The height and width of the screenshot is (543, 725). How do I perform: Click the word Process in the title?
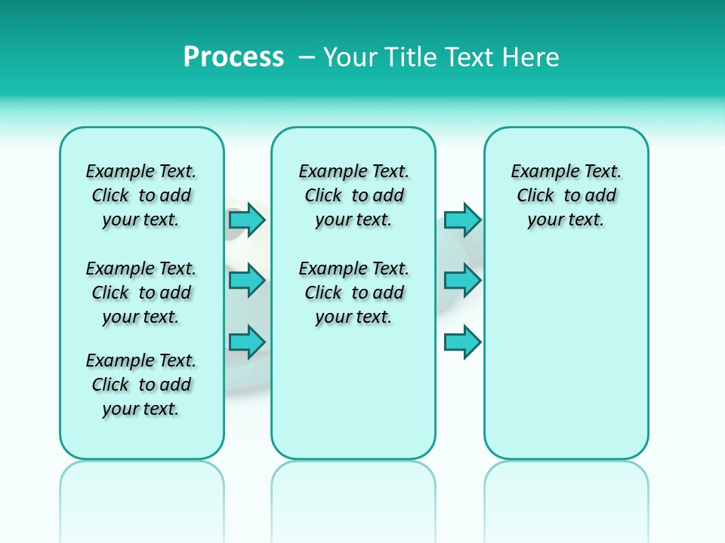233,57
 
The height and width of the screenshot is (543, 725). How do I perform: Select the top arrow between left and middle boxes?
247,219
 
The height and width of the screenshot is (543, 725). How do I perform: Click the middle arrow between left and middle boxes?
247,281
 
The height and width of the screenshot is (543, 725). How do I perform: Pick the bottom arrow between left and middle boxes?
247,342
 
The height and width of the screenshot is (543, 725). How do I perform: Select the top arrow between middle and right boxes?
462,219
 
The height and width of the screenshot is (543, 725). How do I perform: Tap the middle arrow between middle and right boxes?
462,281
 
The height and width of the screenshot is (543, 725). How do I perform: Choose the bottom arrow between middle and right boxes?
462,342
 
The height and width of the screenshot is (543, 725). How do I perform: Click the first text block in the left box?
141,195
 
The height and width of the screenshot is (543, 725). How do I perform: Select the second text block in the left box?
141,293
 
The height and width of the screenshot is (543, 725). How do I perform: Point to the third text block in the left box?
141,385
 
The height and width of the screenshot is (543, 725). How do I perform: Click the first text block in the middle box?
353,195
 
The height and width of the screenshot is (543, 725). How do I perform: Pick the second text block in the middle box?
353,293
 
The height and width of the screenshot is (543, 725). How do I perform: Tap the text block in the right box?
566,195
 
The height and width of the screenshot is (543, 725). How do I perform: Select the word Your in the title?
350,57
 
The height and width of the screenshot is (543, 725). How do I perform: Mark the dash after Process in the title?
306,57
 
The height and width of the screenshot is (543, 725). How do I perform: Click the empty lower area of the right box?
566,362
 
